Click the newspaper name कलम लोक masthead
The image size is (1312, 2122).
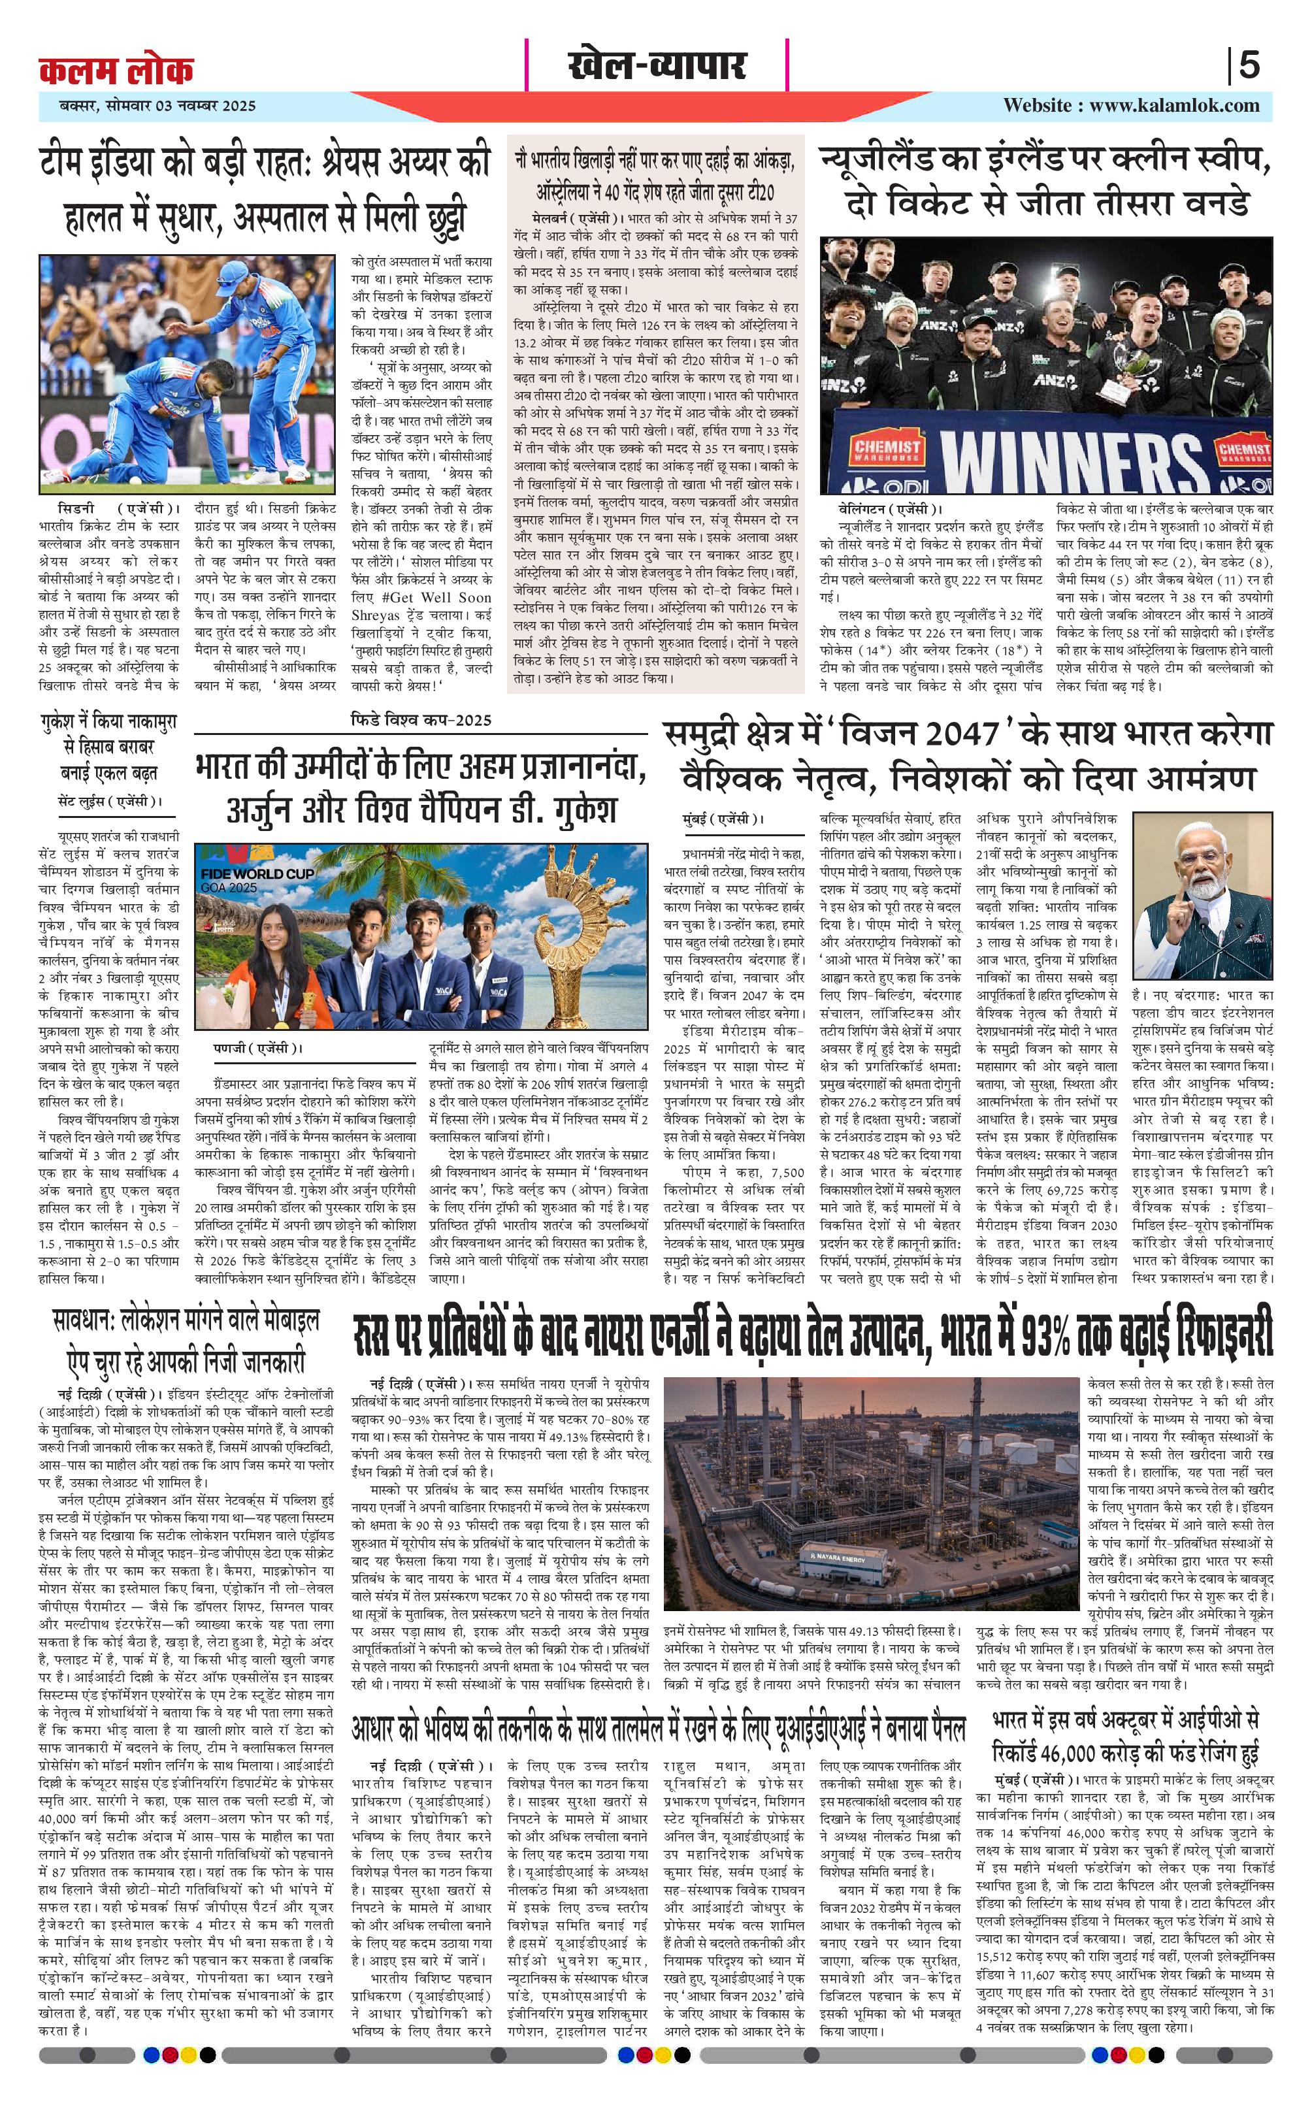point(116,69)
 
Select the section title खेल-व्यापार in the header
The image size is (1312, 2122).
point(657,66)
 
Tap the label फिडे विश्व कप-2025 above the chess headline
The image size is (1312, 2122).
point(421,719)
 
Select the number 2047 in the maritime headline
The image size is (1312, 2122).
point(954,736)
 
